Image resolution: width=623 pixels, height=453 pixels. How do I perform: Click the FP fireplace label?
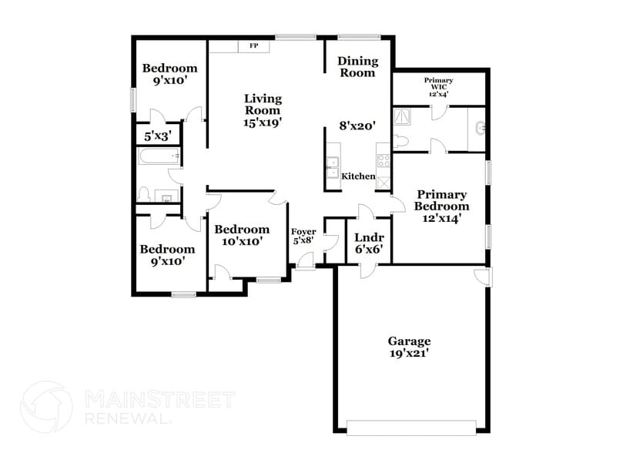coord(253,46)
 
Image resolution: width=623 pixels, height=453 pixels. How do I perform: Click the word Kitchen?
coord(358,176)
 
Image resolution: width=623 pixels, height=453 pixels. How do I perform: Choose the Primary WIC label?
coord(438,87)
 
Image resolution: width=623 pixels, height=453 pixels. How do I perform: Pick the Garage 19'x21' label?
coord(408,347)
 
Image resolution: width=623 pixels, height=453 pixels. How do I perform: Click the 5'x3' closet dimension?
coord(158,136)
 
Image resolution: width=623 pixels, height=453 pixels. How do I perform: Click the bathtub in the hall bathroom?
coord(159,157)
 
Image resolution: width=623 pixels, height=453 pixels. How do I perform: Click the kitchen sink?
coord(333,163)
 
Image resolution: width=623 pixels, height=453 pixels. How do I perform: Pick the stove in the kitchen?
coord(381,162)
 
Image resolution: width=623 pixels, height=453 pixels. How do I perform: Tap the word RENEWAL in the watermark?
coord(125,418)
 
